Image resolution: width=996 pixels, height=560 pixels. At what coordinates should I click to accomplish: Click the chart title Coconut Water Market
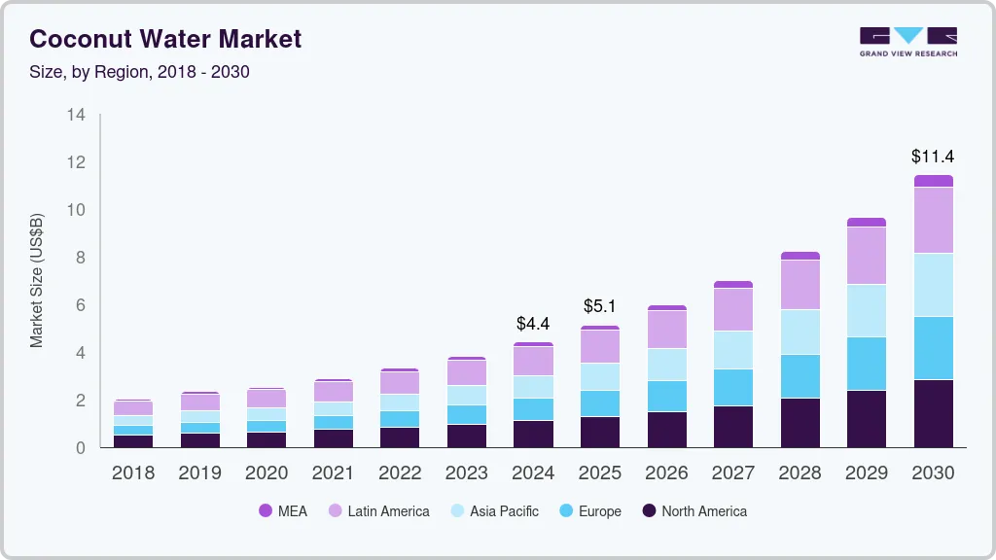[x=165, y=39]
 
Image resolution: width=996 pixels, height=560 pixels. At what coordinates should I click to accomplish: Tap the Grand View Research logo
[x=907, y=41]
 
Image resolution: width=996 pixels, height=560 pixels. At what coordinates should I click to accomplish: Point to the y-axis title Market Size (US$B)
[x=37, y=280]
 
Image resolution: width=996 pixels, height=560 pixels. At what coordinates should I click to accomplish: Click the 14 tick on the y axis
[x=76, y=115]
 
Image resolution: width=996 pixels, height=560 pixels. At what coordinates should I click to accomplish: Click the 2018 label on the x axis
[x=132, y=472]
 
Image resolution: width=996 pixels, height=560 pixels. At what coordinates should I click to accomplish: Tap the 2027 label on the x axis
[x=732, y=472]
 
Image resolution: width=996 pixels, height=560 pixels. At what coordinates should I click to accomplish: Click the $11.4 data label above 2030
[x=933, y=156]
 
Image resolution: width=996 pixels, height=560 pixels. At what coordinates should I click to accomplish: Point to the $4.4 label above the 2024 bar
[x=533, y=323]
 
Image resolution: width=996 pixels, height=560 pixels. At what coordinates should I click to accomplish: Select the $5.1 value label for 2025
[x=600, y=306]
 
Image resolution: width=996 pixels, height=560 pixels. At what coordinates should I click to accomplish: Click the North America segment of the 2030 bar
[x=933, y=413]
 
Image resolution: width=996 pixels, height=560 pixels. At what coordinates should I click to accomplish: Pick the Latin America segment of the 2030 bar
[x=933, y=220]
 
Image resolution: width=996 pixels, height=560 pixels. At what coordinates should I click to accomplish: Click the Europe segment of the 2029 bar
[x=866, y=364]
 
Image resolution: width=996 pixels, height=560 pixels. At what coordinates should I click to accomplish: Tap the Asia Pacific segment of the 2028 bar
[x=800, y=332]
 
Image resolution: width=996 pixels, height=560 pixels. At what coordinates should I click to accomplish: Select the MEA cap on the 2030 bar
[x=933, y=181]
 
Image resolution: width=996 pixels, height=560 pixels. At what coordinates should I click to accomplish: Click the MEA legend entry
[x=283, y=510]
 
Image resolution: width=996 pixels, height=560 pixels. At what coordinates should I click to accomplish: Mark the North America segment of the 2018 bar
[x=132, y=441]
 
